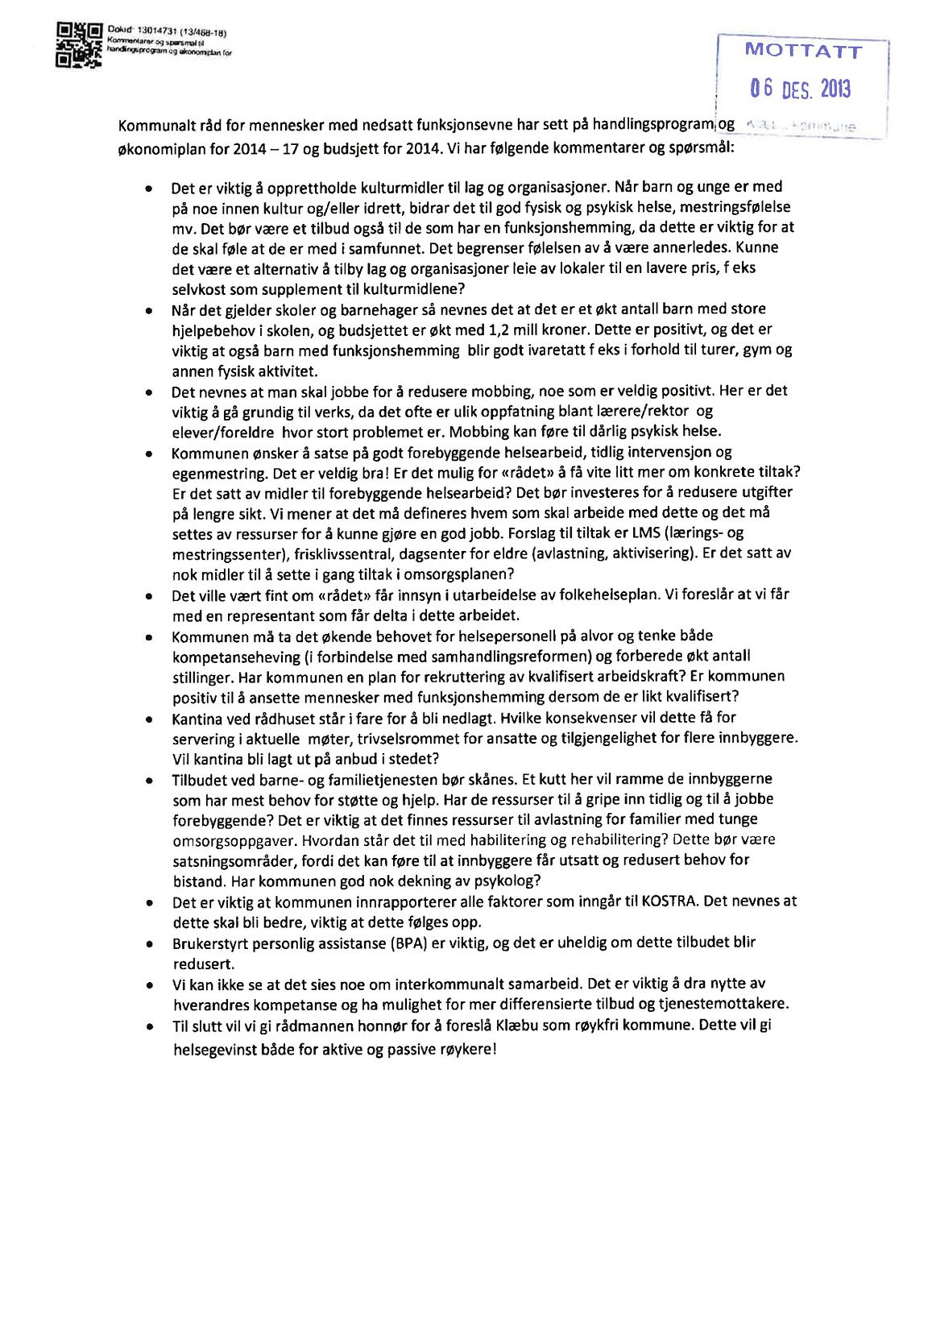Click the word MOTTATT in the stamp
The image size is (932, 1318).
pyautogui.click(x=802, y=52)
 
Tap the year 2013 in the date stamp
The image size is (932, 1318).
pyautogui.click(x=835, y=89)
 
